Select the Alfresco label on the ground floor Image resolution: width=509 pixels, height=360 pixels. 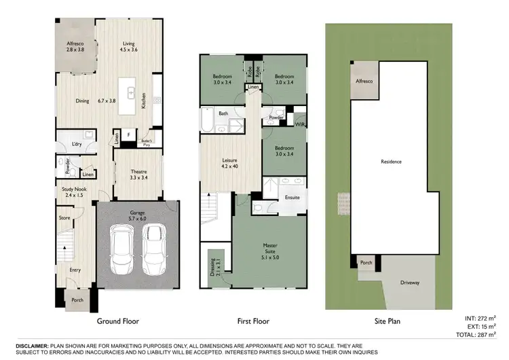pyautogui.click(x=75, y=47)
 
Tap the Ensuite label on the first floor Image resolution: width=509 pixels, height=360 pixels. pyautogui.click(x=292, y=198)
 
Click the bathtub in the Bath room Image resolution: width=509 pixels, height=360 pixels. pyautogui.click(x=206, y=122)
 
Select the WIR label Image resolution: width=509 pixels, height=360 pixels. pyautogui.click(x=300, y=124)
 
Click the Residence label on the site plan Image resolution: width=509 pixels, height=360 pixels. pyautogui.click(x=392, y=162)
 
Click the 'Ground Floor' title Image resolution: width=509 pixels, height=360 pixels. pyautogui.click(x=118, y=321)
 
